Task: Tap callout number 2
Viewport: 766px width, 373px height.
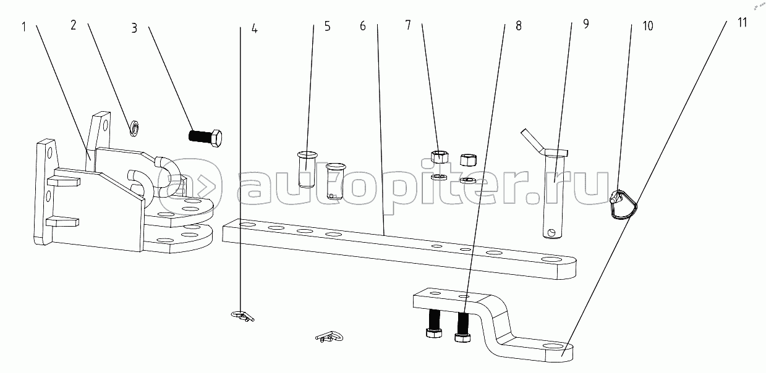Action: [74, 25]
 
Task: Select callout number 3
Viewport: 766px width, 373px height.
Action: [134, 27]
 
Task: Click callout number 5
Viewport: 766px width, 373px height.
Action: [327, 26]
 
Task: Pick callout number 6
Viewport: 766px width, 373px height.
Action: [362, 26]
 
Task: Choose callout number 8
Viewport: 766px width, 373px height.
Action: [518, 26]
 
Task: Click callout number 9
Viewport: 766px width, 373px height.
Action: [585, 25]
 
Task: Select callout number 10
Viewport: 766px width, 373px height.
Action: [647, 27]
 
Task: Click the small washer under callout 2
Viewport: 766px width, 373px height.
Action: [134, 128]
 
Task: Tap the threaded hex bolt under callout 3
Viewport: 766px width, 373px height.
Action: [205, 137]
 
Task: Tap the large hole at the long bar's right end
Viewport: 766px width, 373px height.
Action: [550, 261]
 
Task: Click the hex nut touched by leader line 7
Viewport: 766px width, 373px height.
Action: [440, 156]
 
